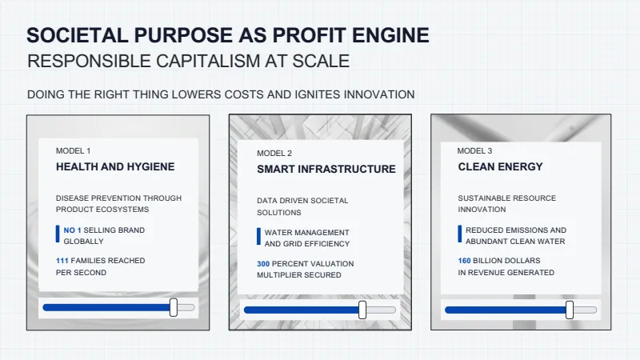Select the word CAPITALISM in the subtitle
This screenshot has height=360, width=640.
[208, 62]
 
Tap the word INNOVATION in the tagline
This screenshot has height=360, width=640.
[379, 94]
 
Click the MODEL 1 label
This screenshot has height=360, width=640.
[73, 151]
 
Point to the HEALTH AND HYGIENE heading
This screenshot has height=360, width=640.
[115, 166]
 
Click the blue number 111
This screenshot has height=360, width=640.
[62, 261]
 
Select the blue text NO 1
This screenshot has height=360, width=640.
[72, 230]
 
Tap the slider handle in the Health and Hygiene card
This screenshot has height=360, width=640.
[174, 307]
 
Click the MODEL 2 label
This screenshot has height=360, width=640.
[274, 154]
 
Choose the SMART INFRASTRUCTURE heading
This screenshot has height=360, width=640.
[326, 169]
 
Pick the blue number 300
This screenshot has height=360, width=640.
[263, 264]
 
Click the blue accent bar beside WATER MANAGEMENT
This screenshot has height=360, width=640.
[258, 237]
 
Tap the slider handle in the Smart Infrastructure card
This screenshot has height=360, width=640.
[362, 310]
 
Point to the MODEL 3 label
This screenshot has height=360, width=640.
[474, 151]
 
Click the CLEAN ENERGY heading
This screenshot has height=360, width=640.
[501, 166]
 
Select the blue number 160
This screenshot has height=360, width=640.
[464, 261]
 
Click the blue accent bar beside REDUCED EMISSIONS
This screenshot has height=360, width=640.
[460, 234]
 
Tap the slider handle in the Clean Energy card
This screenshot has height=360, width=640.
[570, 310]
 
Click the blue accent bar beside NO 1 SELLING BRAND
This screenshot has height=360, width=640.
[58, 234]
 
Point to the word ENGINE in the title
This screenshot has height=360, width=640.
[390, 35]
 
